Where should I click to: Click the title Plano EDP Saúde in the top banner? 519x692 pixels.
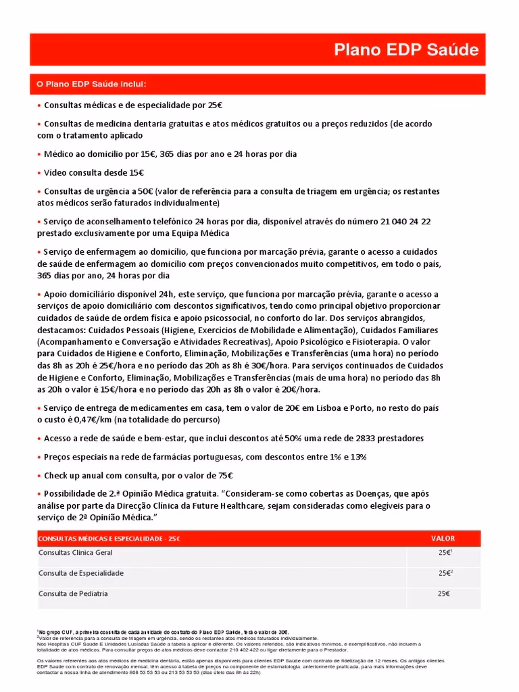pos(407,50)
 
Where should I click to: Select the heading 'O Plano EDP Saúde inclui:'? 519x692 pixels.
pos(91,84)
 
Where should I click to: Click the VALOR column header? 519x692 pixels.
pos(443,539)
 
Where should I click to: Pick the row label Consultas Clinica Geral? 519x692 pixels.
pos(75,553)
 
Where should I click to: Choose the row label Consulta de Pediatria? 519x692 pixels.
pos(73,594)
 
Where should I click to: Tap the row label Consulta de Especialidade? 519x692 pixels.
pos(80,573)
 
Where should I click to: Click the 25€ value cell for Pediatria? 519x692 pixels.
pos(443,594)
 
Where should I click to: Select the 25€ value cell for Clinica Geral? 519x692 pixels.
pos(443,553)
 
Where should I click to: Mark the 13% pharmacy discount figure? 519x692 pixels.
pos(357,457)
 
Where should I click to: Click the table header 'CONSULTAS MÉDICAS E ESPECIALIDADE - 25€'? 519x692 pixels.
pos(109,539)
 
